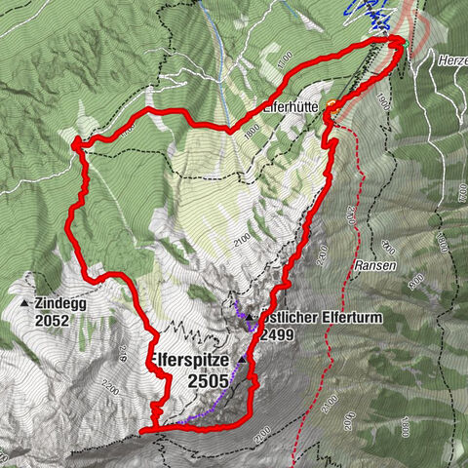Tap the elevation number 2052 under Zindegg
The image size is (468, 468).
(x=56, y=319)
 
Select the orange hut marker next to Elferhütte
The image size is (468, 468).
(x=331, y=104)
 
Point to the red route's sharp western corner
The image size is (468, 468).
(x=75, y=143)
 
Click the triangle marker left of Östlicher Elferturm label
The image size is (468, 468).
(x=249, y=318)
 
